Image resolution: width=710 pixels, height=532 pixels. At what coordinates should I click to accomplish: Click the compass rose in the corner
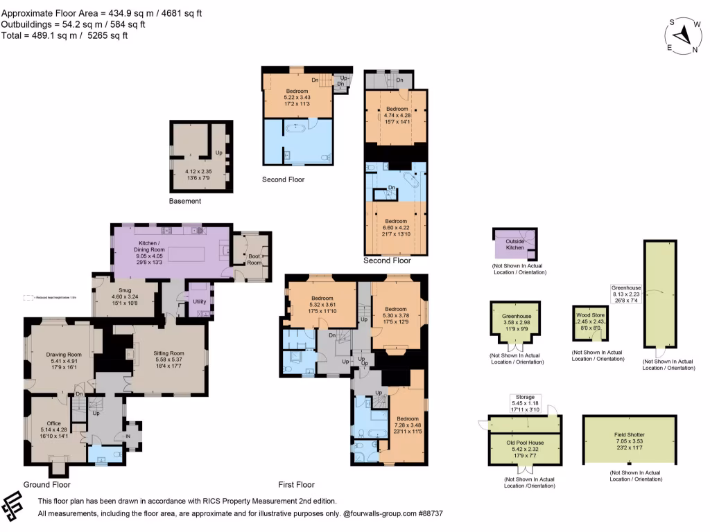coord(684,35)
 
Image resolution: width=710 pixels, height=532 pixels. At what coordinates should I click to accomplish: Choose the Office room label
coord(54,423)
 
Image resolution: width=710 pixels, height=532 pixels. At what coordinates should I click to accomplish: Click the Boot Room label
coord(254,259)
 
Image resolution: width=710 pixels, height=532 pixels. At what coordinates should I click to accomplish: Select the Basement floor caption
coord(185,201)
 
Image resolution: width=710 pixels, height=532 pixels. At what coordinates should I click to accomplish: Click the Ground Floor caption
coord(47,485)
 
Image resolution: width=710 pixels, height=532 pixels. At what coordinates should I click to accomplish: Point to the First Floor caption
coord(296,485)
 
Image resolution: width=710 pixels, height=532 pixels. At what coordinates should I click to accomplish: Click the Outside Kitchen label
coord(514,243)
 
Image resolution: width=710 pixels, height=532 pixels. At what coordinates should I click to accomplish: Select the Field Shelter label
coord(630,434)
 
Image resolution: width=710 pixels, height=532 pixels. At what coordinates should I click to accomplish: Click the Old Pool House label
coord(524,441)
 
